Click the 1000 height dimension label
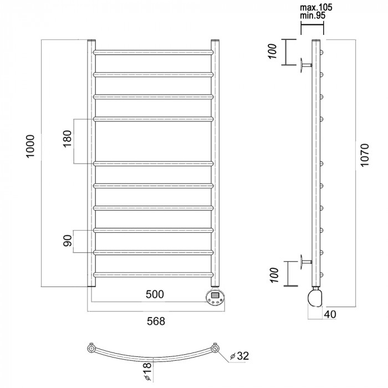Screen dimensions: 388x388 pyautogui.click(x=30, y=146)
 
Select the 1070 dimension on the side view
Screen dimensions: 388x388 pyautogui.click(x=365, y=155)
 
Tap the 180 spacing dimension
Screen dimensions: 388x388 pyautogui.click(x=67, y=139)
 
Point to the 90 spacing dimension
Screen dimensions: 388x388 pyautogui.click(x=67, y=241)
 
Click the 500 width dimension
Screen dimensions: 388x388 pyautogui.click(x=155, y=294)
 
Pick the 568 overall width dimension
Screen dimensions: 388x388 pyautogui.click(x=156, y=321)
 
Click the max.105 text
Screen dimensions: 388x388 pyautogui.click(x=316, y=7)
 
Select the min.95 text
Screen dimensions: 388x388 pyautogui.click(x=313, y=16)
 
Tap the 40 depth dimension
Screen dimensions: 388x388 pyautogui.click(x=330, y=314)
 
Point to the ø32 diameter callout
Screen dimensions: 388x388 pyautogui.click(x=239, y=356)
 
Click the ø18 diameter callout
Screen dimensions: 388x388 pyautogui.click(x=147, y=371)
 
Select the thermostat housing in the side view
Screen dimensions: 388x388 pyautogui.click(x=315, y=298)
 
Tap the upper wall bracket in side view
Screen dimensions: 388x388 pyautogui.click(x=306, y=65)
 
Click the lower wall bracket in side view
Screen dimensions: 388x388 pyautogui.click(x=306, y=262)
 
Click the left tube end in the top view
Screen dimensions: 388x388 pyautogui.click(x=91, y=349)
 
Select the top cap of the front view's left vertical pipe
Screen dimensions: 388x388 pyautogui.click(x=91, y=40)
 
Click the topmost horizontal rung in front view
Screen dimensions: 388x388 pyautogui.click(x=153, y=53)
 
